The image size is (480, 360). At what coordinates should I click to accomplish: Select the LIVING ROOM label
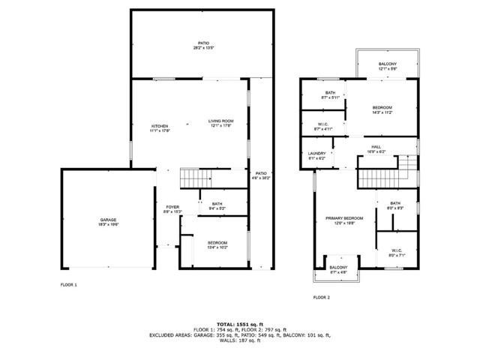click(x=220, y=123)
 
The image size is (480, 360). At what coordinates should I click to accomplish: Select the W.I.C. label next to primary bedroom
click(x=397, y=253)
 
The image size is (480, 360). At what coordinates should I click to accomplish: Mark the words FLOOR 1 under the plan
click(x=68, y=285)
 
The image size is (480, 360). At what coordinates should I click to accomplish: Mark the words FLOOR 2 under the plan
click(x=321, y=297)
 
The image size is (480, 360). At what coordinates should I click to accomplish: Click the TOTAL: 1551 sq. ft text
click(x=239, y=322)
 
